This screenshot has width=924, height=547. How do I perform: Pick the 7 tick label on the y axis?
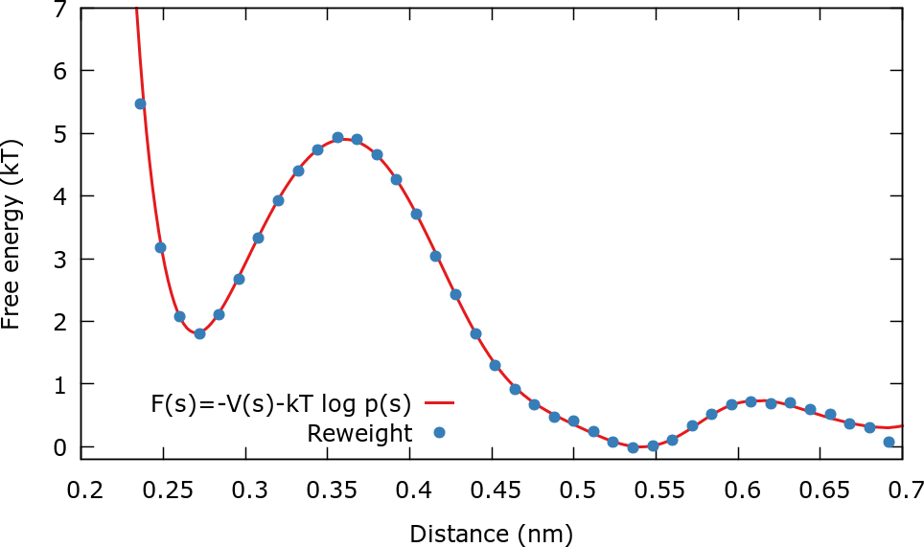click(59, 9)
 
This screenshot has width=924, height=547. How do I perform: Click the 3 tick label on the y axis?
click(59, 259)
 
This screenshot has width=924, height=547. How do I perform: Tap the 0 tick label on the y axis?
click(59, 447)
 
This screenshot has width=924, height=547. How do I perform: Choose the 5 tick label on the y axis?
click(59, 133)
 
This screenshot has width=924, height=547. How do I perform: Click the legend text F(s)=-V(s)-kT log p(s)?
click(281, 402)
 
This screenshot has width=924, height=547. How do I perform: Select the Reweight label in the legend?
click(359, 433)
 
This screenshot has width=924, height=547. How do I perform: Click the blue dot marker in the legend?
click(439, 432)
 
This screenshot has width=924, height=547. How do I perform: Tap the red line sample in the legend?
click(438, 402)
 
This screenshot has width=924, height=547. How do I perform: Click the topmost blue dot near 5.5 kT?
click(140, 103)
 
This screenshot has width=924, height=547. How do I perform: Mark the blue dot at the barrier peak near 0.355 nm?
click(337, 137)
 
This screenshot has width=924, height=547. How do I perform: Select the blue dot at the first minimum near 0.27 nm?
click(199, 333)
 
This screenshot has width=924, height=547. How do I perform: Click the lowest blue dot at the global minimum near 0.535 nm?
click(633, 447)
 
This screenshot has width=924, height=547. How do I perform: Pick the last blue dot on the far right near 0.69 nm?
click(889, 442)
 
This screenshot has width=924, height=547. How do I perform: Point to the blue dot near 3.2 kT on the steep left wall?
click(160, 247)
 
